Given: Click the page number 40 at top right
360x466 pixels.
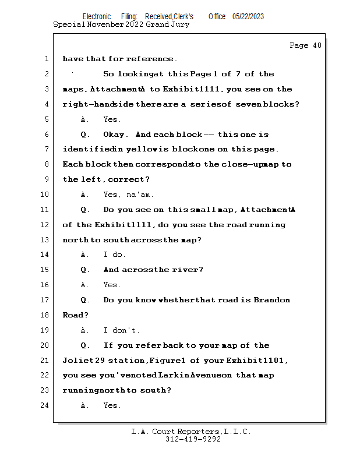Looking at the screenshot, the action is (x=317, y=45).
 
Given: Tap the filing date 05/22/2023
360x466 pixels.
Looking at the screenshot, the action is (x=248, y=17).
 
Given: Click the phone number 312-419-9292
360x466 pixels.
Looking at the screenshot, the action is (x=193, y=439).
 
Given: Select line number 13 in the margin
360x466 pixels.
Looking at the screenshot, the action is (x=44, y=239).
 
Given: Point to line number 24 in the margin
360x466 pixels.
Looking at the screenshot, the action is (x=44, y=405).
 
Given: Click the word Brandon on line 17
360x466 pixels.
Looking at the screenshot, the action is (x=271, y=300).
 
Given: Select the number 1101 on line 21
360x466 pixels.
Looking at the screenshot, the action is (x=274, y=360).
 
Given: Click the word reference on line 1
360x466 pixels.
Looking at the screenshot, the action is (x=150, y=59).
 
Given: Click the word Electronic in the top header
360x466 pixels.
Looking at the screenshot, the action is (x=97, y=17).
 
